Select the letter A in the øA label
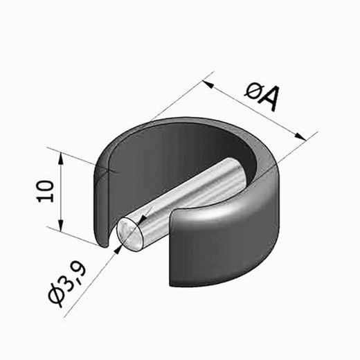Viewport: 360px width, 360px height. [x=269, y=98]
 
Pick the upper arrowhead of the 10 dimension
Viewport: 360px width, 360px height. [x=61, y=158]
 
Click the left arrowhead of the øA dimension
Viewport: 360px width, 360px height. [x=207, y=84]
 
